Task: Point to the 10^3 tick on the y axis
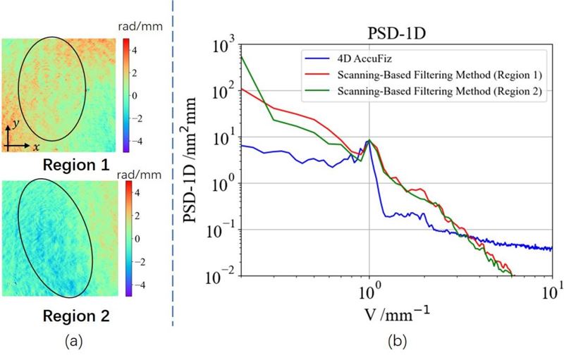[x=223, y=47]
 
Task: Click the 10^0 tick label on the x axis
[x=369, y=290]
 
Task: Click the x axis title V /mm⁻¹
[x=369, y=313]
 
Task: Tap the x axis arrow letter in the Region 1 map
[x=35, y=148]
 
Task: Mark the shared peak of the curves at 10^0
[x=369, y=140]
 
